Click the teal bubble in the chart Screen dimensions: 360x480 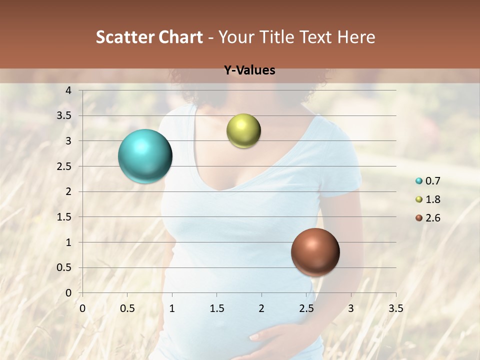[145, 156]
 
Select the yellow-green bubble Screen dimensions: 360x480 [243, 131]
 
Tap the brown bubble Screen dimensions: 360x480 [315, 252]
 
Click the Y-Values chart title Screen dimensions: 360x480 [249, 70]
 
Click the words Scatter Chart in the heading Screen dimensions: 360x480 [149, 37]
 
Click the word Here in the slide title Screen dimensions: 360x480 [356, 37]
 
